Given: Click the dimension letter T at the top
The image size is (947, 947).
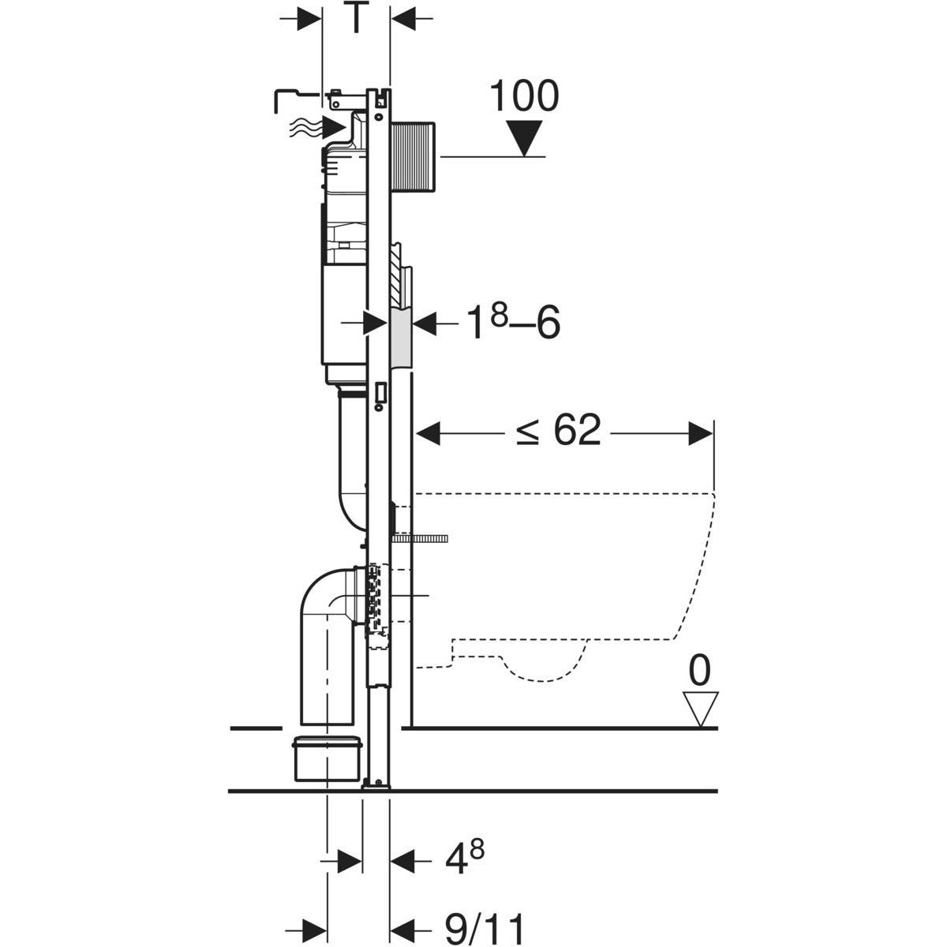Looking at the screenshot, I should pos(356,19).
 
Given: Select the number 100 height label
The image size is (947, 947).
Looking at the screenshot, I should pos(523,95).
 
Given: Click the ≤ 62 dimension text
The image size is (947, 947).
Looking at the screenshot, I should pos(559,432).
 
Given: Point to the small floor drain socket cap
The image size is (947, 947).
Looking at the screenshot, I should pos(328,758).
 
